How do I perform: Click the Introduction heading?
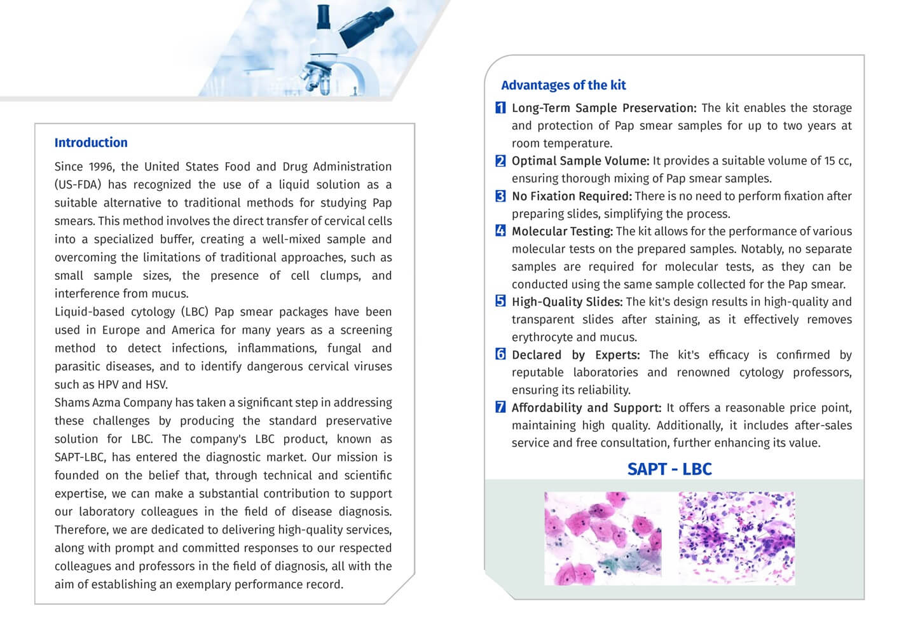91,142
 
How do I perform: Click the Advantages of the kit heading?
563,85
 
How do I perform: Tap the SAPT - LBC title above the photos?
669,469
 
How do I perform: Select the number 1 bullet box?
500,107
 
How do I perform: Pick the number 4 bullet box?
500,231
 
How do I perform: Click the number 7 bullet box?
500,407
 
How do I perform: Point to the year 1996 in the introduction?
101,167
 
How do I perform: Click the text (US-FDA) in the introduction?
78,185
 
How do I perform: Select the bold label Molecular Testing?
562,232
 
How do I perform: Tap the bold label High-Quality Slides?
566,302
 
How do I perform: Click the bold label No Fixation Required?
571,197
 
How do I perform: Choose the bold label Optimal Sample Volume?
580,161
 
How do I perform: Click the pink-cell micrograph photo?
603,538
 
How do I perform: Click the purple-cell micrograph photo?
736,538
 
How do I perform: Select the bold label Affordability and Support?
586,408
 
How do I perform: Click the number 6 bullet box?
500,354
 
